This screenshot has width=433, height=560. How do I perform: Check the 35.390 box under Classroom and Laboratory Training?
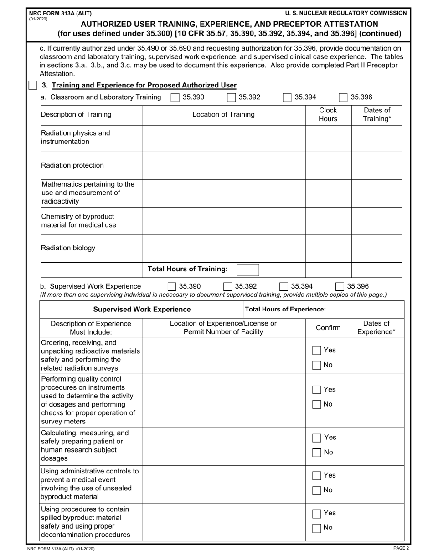click(x=174, y=97)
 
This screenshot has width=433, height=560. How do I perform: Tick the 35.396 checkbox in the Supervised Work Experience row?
click(x=340, y=286)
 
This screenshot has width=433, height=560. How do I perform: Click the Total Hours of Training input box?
click(x=248, y=269)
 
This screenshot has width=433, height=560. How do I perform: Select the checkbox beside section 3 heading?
click(x=32, y=85)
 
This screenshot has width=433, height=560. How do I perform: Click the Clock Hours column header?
click(x=328, y=115)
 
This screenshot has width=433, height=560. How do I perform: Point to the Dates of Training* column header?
click(x=376, y=115)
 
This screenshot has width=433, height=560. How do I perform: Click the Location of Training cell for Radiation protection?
click(x=223, y=166)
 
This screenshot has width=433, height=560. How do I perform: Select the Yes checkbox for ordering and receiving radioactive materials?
click(x=316, y=351)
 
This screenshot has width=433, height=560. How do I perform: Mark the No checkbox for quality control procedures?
click(x=316, y=404)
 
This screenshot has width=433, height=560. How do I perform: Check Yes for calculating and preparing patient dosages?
click(x=316, y=438)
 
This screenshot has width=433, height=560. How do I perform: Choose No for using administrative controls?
click(x=316, y=490)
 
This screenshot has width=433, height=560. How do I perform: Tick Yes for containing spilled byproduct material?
click(x=316, y=513)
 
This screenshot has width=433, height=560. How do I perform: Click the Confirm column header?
click(x=328, y=328)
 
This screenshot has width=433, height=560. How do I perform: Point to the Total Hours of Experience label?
click(x=286, y=310)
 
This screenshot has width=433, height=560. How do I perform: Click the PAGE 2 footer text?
click(x=401, y=549)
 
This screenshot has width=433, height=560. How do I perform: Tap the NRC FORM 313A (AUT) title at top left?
click(x=42, y=13)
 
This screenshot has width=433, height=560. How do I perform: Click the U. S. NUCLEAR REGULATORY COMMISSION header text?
click(x=346, y=13)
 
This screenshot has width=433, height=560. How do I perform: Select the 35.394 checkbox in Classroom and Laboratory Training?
click(x=287, y=97)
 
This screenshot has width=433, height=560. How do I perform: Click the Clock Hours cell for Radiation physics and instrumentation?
click(x=328, y=138)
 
